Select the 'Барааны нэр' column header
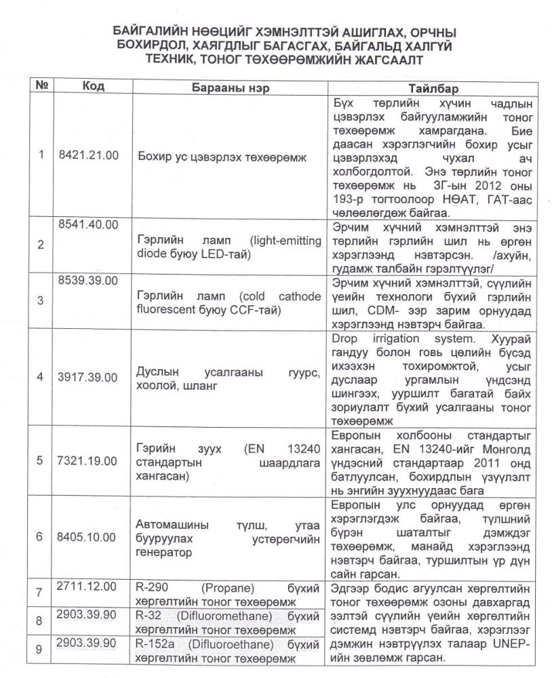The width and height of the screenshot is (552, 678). [x=224, y=89]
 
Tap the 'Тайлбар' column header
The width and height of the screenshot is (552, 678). [x=433, y=89]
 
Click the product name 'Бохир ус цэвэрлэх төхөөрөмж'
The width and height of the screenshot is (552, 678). [x=222, y=157]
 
